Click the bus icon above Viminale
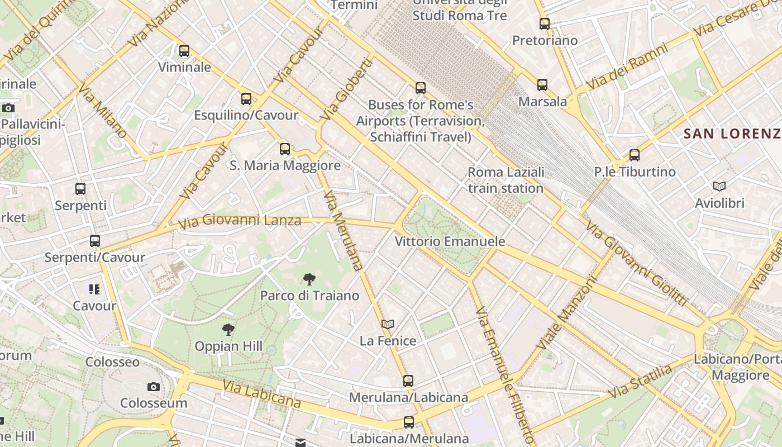184,51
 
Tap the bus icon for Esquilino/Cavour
246,99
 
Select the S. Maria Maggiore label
285,165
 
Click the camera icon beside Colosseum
153,387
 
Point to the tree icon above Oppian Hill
228,330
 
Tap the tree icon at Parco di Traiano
309,279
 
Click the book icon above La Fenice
388,324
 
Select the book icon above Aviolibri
719,186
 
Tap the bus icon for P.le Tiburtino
634,155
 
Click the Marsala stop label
542,102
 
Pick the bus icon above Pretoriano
544,24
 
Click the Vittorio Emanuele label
450,241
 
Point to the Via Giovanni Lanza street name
240,221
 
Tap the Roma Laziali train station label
506,180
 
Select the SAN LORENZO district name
732,134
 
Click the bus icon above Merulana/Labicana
408,381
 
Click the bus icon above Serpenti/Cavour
95,241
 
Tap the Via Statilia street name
640,382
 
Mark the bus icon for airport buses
421,88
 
